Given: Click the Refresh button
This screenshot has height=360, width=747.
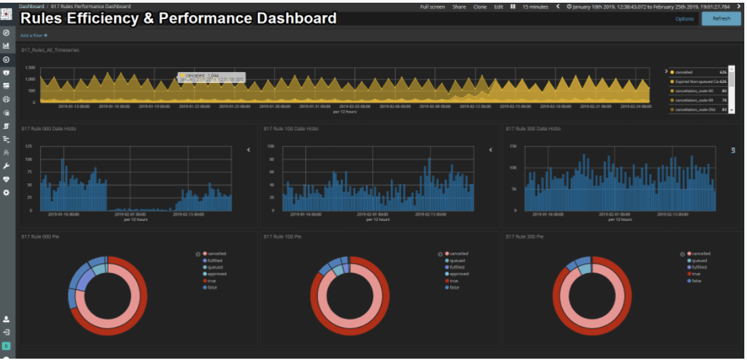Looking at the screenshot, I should tap(721, 18).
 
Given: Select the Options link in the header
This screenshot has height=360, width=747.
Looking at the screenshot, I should tap(685, 19).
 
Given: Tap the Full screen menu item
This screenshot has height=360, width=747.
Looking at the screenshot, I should tap(433, 7).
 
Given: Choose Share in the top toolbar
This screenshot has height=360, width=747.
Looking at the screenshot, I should tap(459, 7).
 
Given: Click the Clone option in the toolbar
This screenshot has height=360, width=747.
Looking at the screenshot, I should tap(479, 7).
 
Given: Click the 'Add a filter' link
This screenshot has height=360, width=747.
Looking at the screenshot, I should tap(34, 35).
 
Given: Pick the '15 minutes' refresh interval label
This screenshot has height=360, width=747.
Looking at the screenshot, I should tap(535, 7).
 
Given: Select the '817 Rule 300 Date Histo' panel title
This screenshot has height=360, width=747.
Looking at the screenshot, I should tap(534, 128).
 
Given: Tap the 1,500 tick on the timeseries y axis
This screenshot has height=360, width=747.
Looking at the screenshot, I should tap(30, 68).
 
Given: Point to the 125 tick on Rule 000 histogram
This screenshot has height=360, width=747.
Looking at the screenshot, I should tap(28, 146).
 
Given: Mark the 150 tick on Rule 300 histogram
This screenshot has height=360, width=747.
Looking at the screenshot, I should tap(513, 146).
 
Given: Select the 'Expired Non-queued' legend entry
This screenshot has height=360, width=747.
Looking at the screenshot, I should tap(696, 81).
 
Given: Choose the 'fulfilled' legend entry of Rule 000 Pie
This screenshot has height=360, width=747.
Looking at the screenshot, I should tap(214, 260).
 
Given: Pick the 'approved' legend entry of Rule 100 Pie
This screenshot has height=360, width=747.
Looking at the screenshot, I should tap(459, 274).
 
